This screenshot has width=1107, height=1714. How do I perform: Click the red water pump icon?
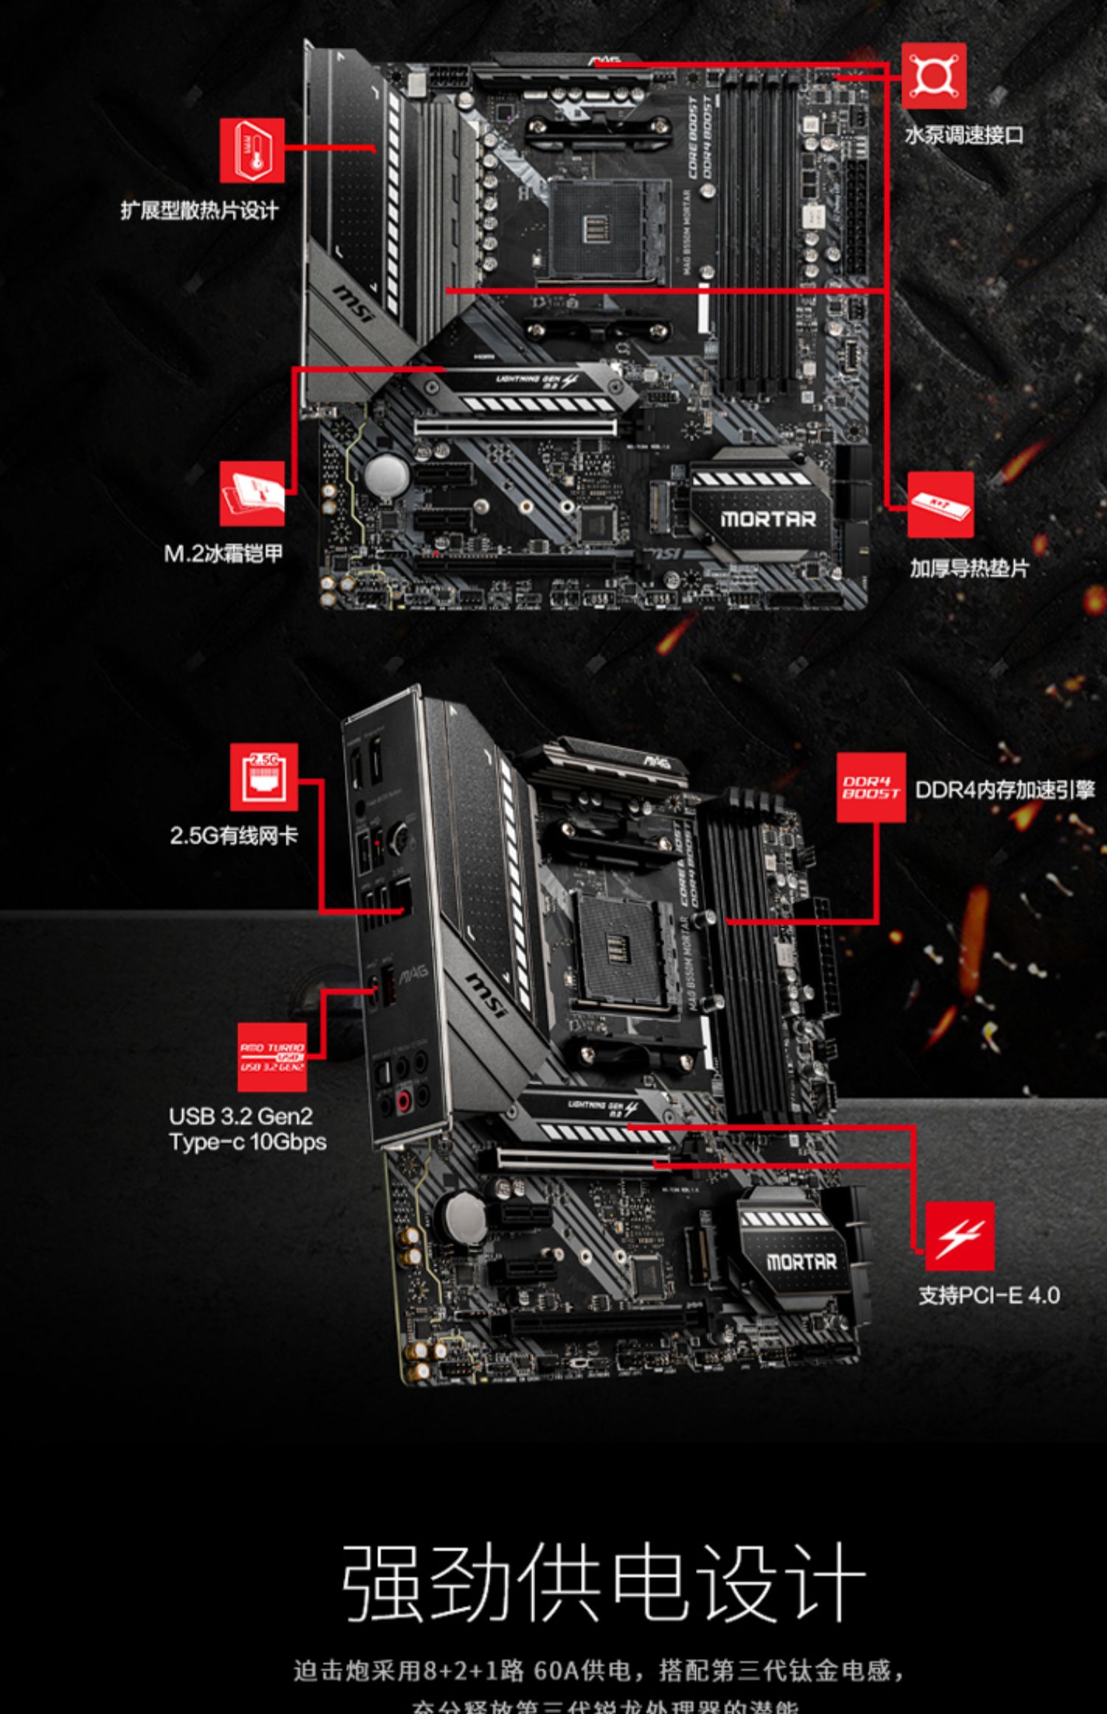click(x=934, y=75)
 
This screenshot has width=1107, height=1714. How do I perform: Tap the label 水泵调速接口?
click(x=964, y=136)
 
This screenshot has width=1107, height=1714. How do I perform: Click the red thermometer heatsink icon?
click(x=252, y=151)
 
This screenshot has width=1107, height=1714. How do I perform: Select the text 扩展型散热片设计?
click(x=199, y=211)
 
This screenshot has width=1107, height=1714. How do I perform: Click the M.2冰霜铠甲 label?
click(x=223, y=554)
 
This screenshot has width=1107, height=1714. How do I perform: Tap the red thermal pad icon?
click(x=940, y=505)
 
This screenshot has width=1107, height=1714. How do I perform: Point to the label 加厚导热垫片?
click(x=968, y=568)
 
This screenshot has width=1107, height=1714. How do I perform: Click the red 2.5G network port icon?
click(x=263, y=777)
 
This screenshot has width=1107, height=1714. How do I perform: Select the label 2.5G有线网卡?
click(x=234, y=836)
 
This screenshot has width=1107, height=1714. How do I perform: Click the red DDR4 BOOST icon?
click(x=871, y=788)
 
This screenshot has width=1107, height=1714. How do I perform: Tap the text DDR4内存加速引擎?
click(x=1004, y=790)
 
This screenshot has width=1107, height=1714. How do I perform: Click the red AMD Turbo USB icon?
click(x=272, y=1057)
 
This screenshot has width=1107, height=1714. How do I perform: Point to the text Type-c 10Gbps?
click(x=247, y=1142)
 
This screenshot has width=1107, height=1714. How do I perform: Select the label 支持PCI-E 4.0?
click(x=989, y=1295)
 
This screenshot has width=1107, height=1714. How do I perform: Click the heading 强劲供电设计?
click(x=604, y=1581)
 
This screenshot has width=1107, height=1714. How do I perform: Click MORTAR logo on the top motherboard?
click(x=768, y=520)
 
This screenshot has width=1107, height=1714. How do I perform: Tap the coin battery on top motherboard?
click(x=387, y=473)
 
